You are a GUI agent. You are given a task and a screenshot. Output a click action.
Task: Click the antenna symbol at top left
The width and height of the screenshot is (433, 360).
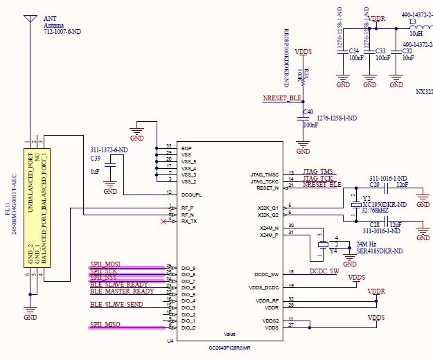tap(29, 19)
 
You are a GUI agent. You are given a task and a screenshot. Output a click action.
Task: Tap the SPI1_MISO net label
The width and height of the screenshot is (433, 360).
tap(106, 325)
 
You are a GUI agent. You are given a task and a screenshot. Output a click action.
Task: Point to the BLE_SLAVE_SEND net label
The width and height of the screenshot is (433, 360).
tap(117, 305)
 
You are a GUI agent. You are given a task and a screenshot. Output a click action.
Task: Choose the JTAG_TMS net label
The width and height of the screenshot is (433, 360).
tap(317, 170)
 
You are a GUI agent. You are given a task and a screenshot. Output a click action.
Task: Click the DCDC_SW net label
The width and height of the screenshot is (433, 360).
tap(324, 271)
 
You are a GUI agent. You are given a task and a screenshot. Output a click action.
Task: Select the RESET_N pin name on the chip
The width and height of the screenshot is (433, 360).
tap(267, 187)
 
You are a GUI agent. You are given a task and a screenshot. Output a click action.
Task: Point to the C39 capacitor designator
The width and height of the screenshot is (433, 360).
tap(95, 159)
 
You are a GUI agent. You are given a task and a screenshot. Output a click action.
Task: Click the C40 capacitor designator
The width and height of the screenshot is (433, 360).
tap(308, 112)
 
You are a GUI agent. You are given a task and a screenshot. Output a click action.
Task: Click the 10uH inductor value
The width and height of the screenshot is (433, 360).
tap(416, 33)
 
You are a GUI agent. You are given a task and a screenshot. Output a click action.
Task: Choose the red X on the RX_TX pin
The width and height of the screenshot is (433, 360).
tap(164, 222)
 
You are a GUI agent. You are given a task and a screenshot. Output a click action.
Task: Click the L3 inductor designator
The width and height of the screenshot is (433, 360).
tap(413, 22)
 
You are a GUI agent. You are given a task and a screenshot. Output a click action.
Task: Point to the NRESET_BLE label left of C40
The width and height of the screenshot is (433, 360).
tap(281, 98)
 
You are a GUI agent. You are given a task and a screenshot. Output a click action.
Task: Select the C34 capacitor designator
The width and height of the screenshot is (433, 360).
tap(353, 51)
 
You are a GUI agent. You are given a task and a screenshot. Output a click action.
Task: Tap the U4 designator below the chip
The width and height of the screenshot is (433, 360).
tap(170, 341)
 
